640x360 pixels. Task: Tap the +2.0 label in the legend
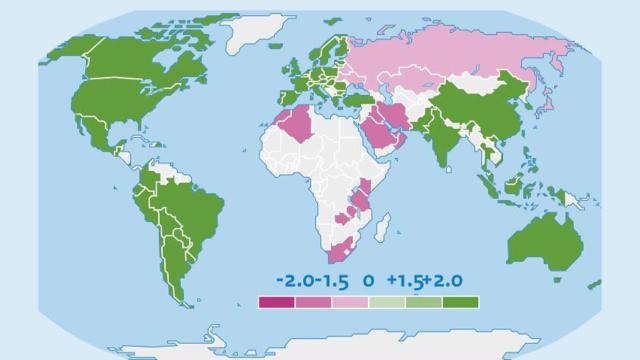click(x=443, y=282)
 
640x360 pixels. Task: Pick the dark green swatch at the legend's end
click(x=461, y=301)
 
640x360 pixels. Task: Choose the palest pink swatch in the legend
click(x=350, y=301)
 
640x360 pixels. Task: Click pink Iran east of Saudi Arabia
click(x=404, y=115)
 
